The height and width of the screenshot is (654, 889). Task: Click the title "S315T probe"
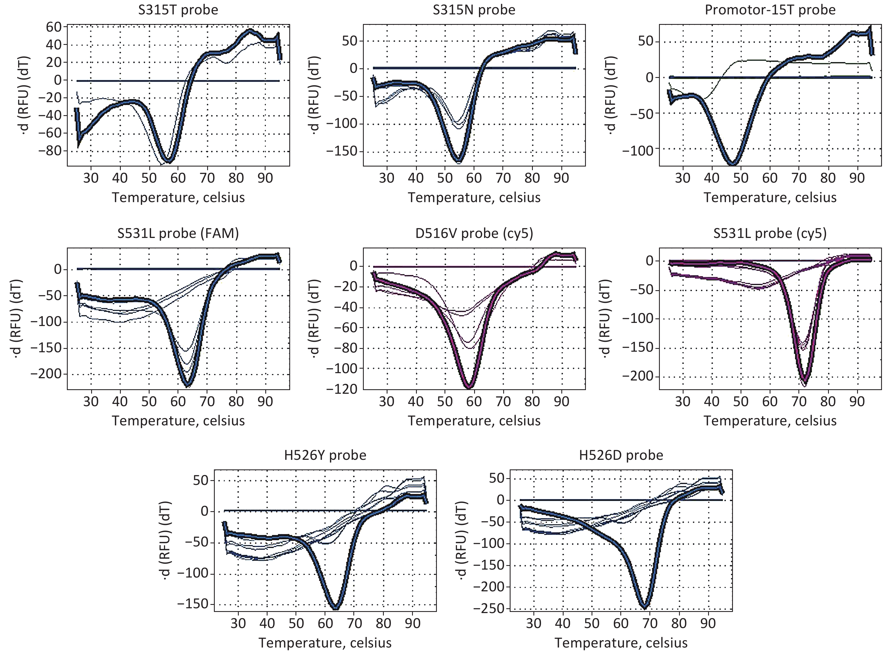pos(178,10)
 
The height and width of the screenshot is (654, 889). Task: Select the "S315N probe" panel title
pos(474,10)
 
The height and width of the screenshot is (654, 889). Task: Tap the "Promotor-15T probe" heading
pos(770,10)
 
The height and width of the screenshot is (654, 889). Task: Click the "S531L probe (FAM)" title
pos(178,234)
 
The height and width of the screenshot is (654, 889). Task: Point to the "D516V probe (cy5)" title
pos(474,234)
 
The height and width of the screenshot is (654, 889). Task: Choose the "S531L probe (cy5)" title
pos(770,234)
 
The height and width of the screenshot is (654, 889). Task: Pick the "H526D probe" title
pos(621,455)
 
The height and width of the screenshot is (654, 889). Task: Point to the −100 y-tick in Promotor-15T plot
pos(638,148)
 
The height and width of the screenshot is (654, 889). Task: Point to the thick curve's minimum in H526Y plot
pos(336,607)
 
